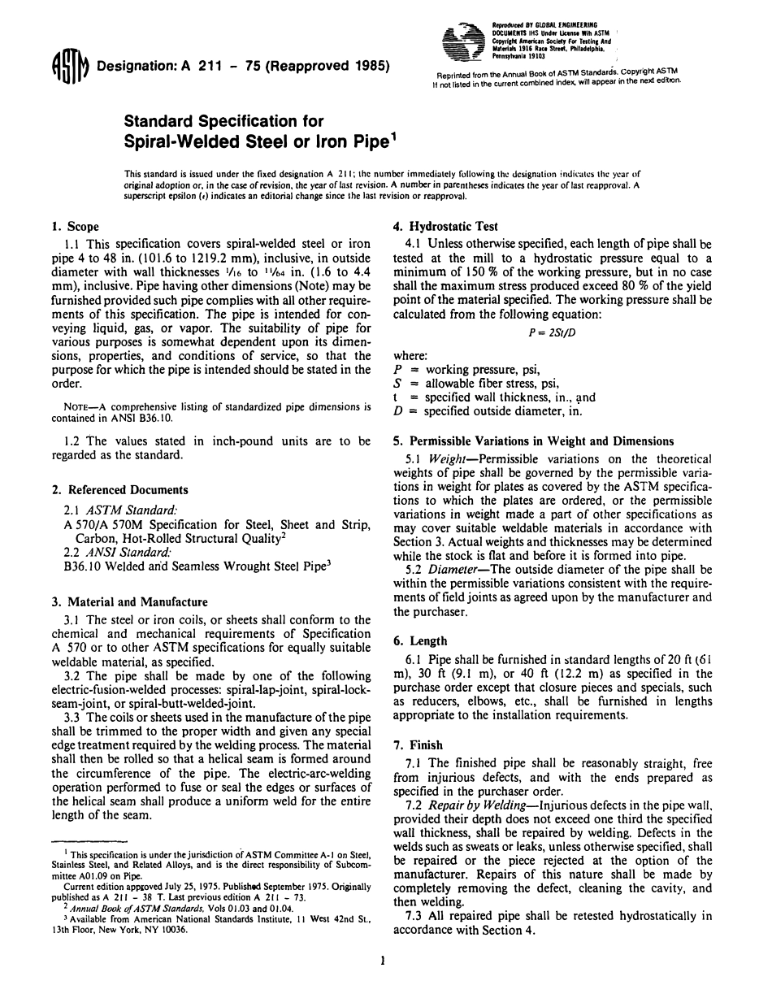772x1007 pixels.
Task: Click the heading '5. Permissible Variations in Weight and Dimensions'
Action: coord(541,441)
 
